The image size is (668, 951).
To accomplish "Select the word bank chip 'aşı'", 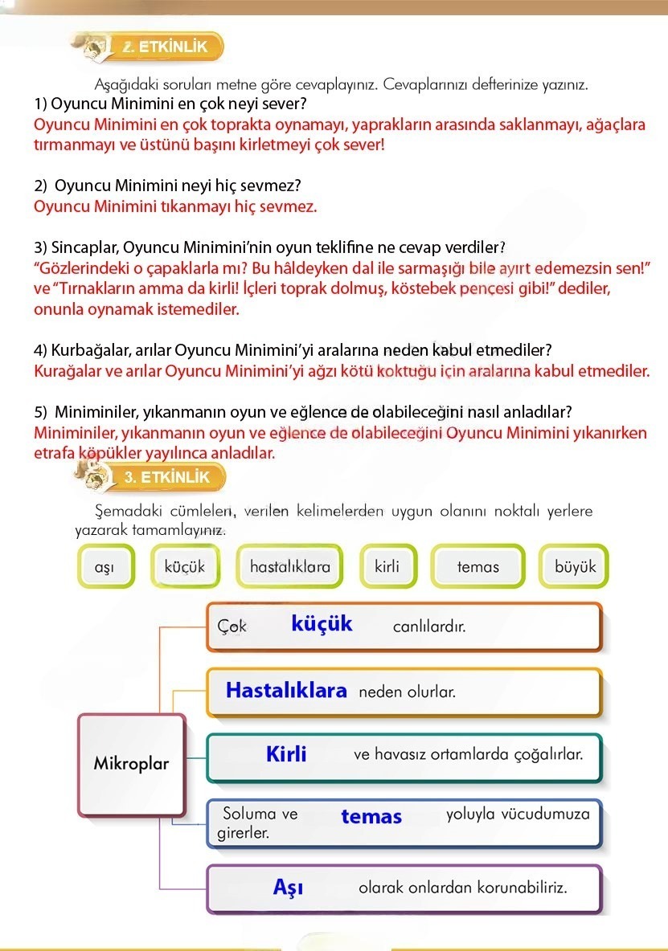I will pyautogui.click(x=105, y=567).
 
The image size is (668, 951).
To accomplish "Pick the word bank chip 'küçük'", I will pyautogui.click(x=185, y=567).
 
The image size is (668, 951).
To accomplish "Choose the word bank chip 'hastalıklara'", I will pyautogui.click(x=289, y=567).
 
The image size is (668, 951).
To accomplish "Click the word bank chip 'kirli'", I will pyautogui.click(x=387, y=567).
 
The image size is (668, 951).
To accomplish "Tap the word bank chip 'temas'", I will pyautogui.click(x=477, y=567).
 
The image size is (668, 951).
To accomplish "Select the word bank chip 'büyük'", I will pyautogui.click(x=575, y=567).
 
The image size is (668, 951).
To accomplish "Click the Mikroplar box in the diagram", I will pyautogui.click(x=132, y=763).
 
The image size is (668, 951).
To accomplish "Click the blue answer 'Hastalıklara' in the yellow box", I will pyautogui.click(x=286, y=691).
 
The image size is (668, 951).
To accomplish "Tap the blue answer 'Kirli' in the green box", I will pyautogui.click(x=286, y=755).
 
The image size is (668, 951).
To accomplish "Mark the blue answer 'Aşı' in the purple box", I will pyautogui.click(x=288, y=888).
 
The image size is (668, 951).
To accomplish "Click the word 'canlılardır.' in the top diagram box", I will pyautogui.click(x=429, y=627).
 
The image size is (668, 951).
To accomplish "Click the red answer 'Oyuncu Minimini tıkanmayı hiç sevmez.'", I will pyautogui.click(x=175, y=206).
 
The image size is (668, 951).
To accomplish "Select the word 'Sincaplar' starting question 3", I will pyautogui.click(x=84, y=246).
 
